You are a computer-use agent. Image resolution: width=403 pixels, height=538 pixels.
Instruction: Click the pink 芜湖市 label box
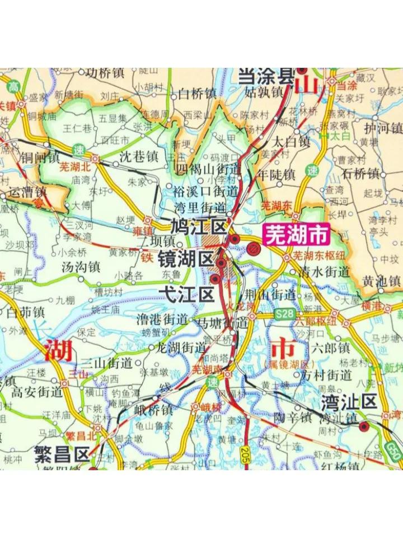tap(296, 235)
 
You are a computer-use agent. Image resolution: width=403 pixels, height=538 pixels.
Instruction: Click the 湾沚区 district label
tap(349, 401)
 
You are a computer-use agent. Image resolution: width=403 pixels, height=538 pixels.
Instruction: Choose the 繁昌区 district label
tap(62, 453)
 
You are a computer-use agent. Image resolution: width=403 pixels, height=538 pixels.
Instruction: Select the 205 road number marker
tap(245, 453)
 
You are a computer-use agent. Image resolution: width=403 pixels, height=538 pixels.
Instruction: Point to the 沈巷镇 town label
tap(139, 157)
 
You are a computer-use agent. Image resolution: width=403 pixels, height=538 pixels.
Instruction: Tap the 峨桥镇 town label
tap(153, 410)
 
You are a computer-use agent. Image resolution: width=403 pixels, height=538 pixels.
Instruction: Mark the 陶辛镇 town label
tap(292, 417)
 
